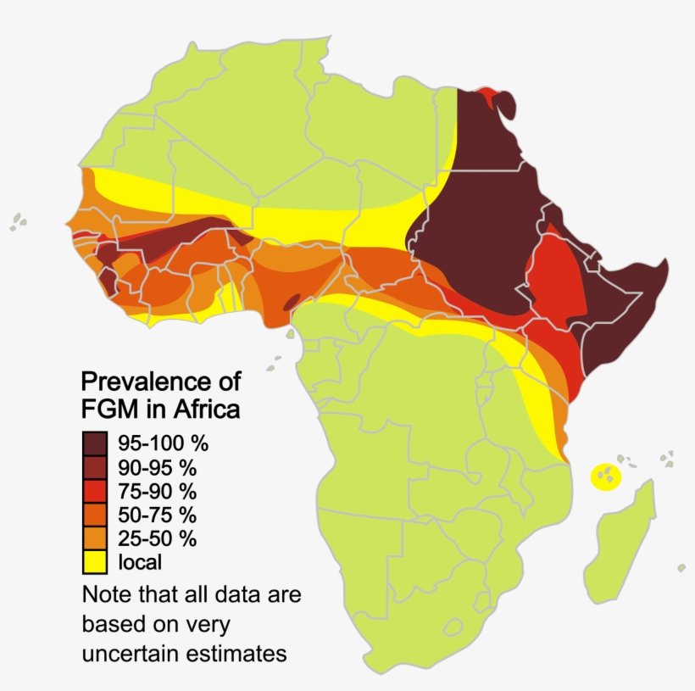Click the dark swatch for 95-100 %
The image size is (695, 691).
95,443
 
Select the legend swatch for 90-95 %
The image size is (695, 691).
95,467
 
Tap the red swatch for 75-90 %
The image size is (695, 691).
95,491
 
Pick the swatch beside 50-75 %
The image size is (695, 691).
95,515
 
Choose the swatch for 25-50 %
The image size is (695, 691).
95,538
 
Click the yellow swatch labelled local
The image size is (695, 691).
95,562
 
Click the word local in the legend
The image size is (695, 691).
140,562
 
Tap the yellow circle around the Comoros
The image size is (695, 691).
605,476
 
